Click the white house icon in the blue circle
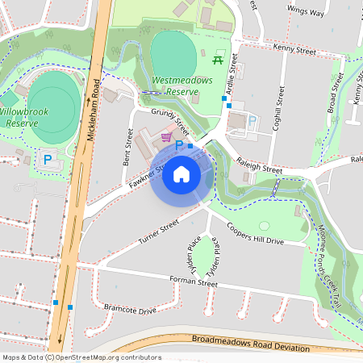(181, 173)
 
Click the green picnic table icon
(219, 59)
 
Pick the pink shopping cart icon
(167, 137)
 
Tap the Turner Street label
(158, 234)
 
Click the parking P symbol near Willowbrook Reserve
(48, 160)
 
